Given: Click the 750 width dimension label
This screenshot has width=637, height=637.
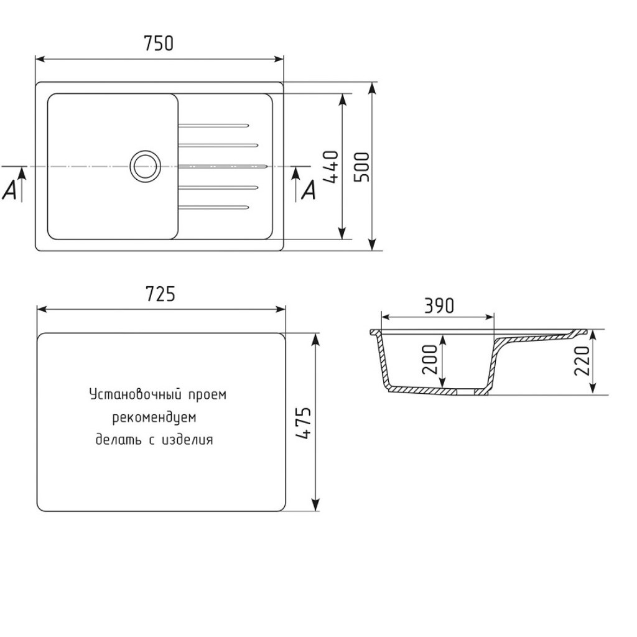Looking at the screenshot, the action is [159, 44].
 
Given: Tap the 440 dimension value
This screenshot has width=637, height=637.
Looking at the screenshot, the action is [331, 167].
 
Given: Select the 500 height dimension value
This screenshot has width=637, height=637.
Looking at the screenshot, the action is [361, 167].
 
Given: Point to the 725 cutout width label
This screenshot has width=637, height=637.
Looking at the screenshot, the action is [160, 294].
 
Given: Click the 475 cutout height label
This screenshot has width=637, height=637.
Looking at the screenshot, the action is [303, 423].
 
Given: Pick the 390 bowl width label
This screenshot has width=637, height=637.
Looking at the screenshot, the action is [439, 306].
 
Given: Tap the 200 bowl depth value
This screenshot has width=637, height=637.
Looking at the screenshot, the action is [429, 360].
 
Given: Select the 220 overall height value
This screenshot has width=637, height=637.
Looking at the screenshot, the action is [582, 361].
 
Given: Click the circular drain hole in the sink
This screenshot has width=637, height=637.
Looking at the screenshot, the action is [145, 167].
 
